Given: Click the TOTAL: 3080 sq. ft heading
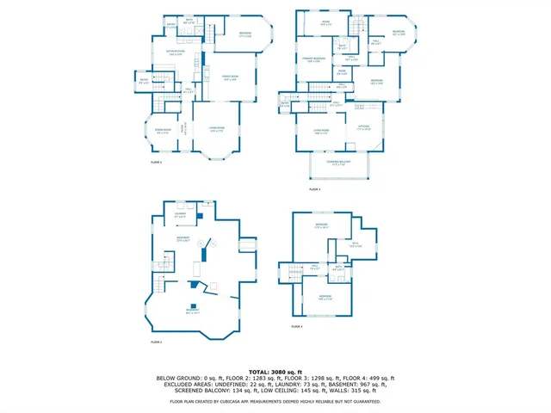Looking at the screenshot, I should [275, 372].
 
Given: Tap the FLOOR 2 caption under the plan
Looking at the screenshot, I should [156, 161].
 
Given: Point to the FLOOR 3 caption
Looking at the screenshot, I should [313, 188].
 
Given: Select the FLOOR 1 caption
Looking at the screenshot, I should [156, 342].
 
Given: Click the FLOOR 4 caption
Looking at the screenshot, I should [297, 326].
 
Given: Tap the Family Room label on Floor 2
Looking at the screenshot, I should [229, 78].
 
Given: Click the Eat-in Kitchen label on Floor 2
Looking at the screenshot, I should [176, 53].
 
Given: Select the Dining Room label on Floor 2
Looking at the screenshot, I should [163, 132].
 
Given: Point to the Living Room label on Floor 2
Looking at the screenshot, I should [216, 130].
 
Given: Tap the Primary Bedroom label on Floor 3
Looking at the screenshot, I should [311, 60].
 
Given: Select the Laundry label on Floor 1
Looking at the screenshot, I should [181, 216].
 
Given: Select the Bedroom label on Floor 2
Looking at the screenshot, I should [244, 35].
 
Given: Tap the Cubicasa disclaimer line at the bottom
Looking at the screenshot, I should [275, 401].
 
